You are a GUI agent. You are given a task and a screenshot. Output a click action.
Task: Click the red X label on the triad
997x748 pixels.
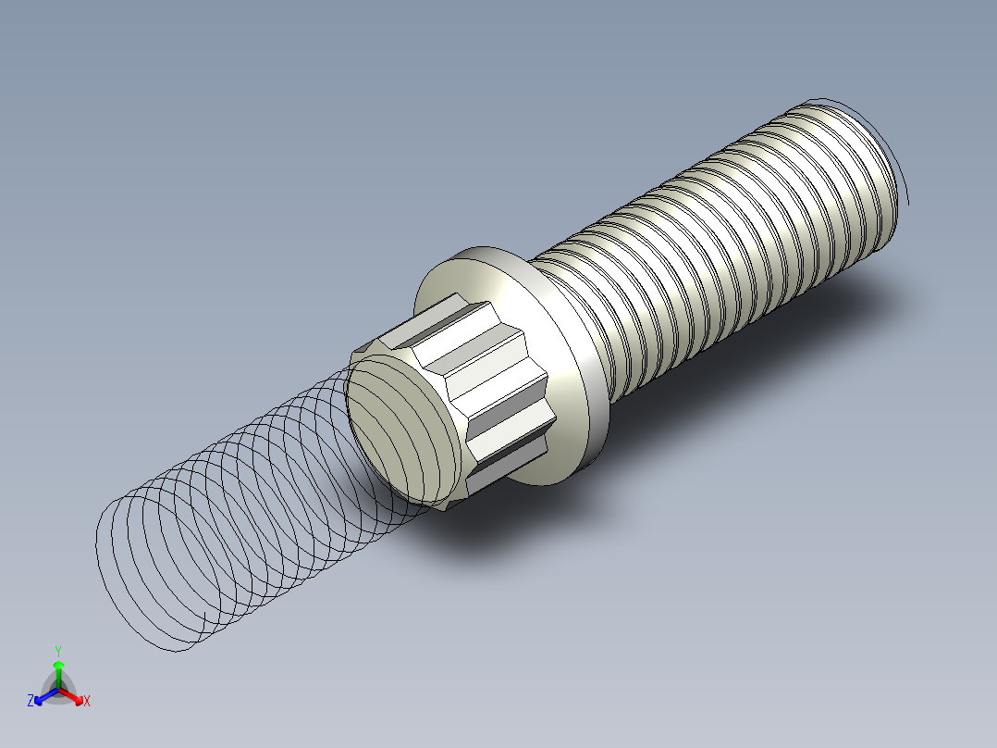tap(87, 702)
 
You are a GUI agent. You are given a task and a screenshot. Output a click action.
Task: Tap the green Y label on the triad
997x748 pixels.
tap(57, 651)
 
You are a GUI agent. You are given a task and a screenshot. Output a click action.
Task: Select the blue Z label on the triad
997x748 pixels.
tap(31, 701)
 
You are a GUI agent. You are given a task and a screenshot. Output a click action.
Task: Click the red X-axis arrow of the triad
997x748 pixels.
tap(75, 696)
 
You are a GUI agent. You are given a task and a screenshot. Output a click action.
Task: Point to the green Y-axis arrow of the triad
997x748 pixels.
tap(57, 670)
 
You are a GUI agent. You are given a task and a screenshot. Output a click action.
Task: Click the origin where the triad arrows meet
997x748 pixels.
tap(58, 690)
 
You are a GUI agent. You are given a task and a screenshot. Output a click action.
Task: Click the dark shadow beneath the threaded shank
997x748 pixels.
tap(786, 324)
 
